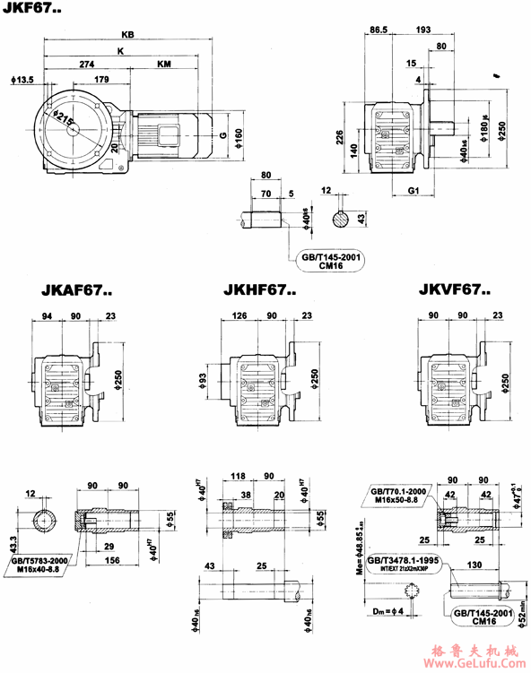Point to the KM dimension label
[165, 65]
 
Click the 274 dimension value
[88, 65]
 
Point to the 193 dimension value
[422, 30]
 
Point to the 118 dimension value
[238, 475]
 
